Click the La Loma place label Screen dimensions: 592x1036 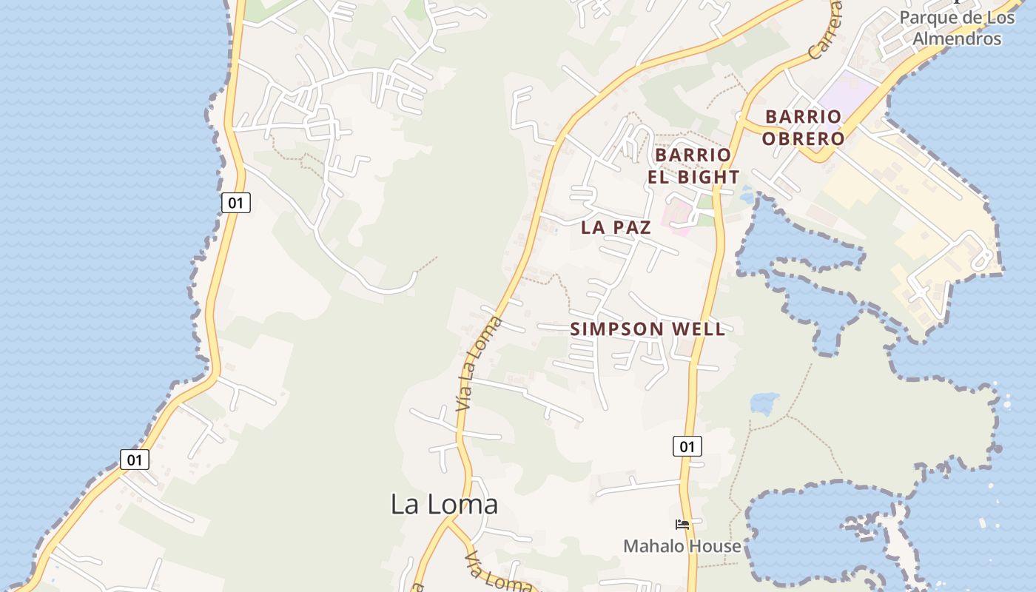tap(444, 505)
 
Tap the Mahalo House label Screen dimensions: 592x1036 tap(682, 546)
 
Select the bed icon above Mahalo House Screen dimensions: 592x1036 tap(682, 525)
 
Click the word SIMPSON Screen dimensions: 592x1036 tap(616, 329)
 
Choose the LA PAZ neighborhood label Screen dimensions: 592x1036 tap(616, 227)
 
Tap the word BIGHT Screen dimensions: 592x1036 tap(707, 177)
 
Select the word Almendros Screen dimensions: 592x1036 tap(957, 38)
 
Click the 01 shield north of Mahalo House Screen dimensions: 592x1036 tap(687, 446)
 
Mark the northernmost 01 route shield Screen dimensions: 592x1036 tap(235, 202)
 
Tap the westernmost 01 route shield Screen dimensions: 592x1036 tap(135, 460)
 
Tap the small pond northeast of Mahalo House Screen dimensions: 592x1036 tap(764, 403)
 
